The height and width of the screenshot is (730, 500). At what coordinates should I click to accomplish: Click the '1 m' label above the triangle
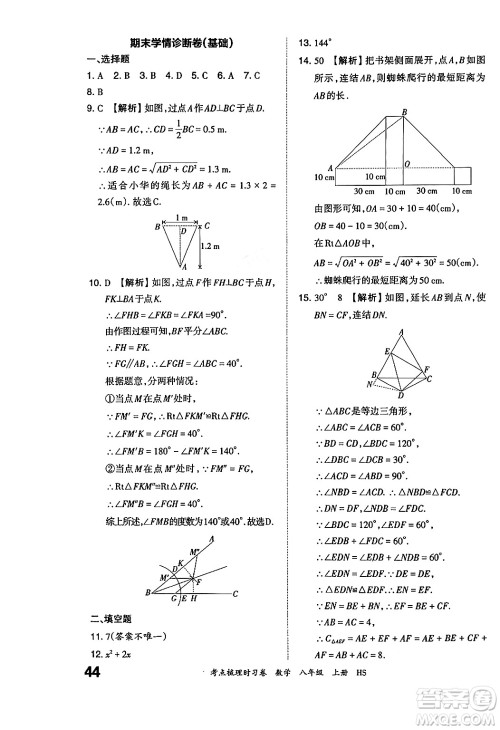pos(182,217)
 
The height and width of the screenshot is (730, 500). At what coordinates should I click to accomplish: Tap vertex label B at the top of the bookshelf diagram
pos(403,112)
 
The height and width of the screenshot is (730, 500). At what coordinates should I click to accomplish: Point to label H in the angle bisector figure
pos(192,597)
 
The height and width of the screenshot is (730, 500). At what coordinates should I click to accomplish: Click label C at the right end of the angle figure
pos(234,592)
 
